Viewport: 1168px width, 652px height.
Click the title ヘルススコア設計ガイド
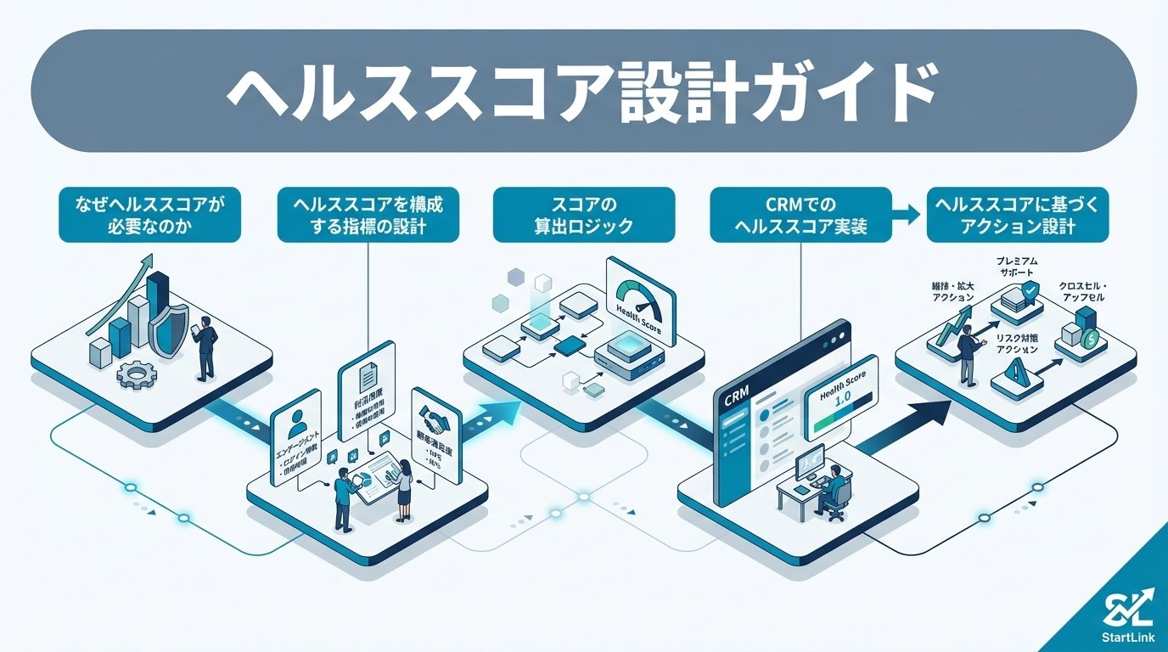point(583,93)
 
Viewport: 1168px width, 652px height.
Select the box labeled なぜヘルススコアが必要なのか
point(149,216)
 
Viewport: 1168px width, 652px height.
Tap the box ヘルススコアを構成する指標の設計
point(368,216)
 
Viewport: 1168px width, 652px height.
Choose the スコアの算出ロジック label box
point(584,216)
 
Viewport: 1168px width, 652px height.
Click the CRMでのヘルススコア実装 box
point(800,216)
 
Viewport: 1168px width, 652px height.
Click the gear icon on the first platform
point(134,374)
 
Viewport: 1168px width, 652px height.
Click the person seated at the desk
point(834,488)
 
